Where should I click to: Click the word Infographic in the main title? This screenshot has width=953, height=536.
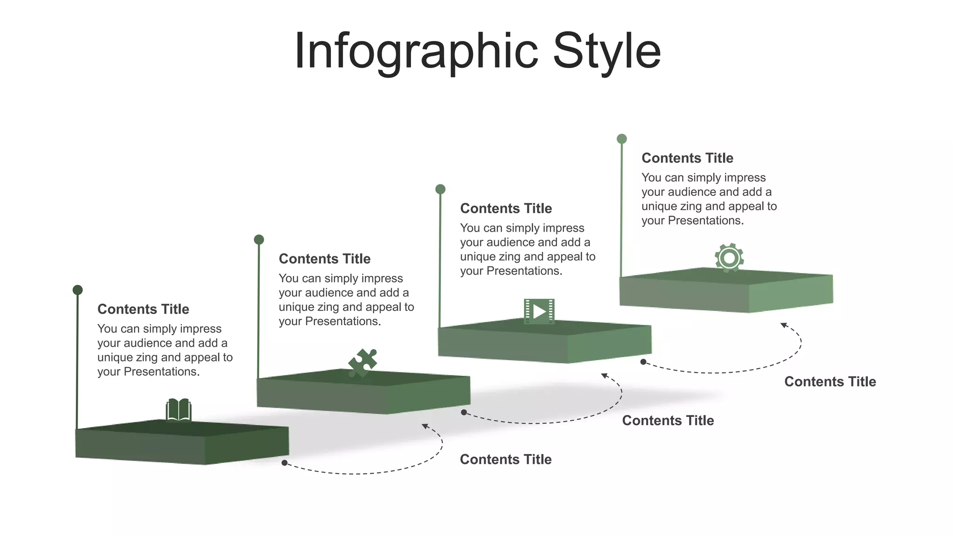click(x=416, y=51)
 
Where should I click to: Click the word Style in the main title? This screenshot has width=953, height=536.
click(x=607, y=51)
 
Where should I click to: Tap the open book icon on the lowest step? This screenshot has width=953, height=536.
click(x=179, y=409)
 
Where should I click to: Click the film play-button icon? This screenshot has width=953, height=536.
click(x=539, y=311)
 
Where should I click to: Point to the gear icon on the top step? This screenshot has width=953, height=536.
click(x=729, y=257)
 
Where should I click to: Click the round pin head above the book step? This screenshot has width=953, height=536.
click(x=78, y=290)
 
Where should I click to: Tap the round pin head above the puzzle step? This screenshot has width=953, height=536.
click(x=259, y=240)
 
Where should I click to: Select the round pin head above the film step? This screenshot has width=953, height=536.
click(x=440, y=189)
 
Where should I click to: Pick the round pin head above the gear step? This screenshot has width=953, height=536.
click(x=622, y=139)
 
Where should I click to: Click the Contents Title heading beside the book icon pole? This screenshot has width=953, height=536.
click(x=143, y=309)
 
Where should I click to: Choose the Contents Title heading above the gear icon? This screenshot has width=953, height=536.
click(x=687, y=158)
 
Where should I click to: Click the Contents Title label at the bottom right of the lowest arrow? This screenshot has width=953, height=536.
click(x=506, y=459)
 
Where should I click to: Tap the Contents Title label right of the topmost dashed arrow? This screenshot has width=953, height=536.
click(x=830, y=382)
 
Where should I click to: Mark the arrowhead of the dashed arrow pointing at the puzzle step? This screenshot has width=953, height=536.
click(x=425, y=426)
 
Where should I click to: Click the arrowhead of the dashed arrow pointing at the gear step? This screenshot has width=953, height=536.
click(x=784, y=325)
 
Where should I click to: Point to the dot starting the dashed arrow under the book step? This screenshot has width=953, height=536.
click(x=284, y=463)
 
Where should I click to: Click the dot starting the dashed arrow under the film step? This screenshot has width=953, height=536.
click(x=643, y=362)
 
